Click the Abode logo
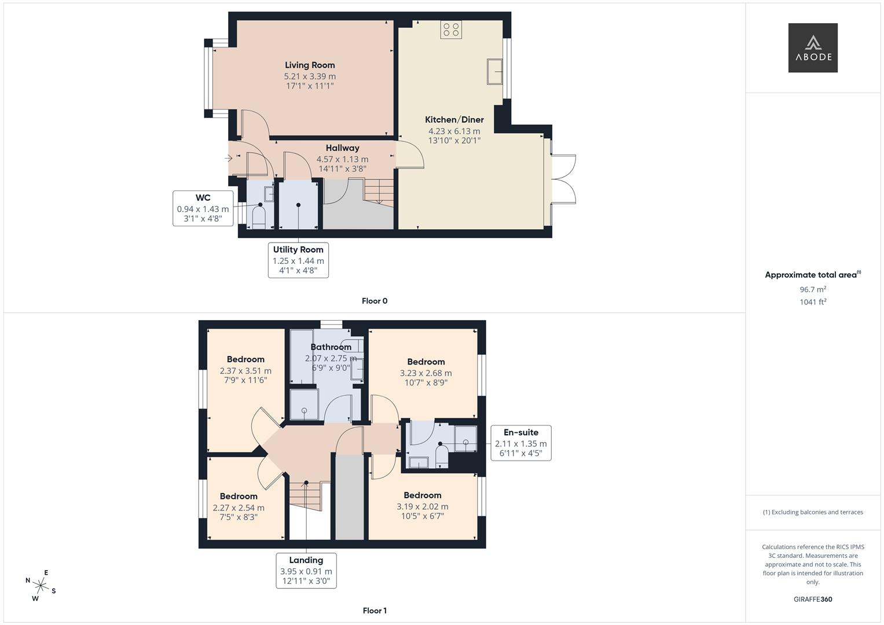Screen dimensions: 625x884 pyautogui.click(x=813, y=48)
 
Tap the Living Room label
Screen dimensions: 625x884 pyautogui.click(x=310, y=65)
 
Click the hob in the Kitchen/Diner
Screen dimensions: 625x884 pyautogui.click(x=451, y=30)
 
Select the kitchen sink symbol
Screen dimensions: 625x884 pyautogui.click(x=494, y=72)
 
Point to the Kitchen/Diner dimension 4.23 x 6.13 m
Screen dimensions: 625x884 pyautogui.click(x=454, y=131)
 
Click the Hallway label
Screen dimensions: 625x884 pyautogui.click(x=342, y=148)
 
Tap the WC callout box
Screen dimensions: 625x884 pyautogui.click(x=203, y=208)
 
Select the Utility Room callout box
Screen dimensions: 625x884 pyautogui.click(x=298, y=260)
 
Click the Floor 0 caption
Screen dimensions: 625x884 pyautogui.click(x=375, y=301)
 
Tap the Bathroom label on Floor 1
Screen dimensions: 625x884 pyautogui.click(x=331, y=347)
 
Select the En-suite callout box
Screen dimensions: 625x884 pyautogui.click(x=520, y=443)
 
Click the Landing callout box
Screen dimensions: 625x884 pyautogui.click(x=306, y=571)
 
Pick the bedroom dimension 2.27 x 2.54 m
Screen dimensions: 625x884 pyautogui.click(x=239, y=508)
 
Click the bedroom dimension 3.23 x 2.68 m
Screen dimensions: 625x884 pyautogui.click(x=426, y=373)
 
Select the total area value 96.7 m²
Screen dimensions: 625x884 pyautogui.click(x=813, y=289)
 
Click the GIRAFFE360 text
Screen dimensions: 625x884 pyautogui.click(x=813, y=599)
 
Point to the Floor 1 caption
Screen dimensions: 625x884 pyautogui.click(x=375, y=611)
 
